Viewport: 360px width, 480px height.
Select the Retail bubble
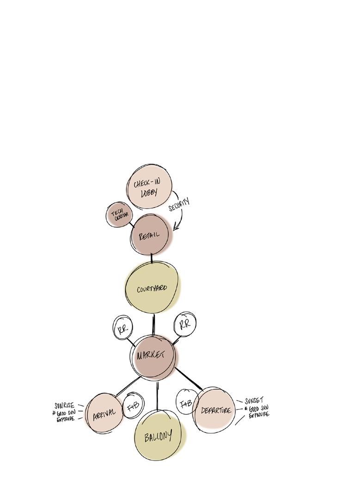pyautogui.click(x=151, y=235)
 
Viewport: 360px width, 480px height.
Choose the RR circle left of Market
pyautogui.click(x=122, y=328)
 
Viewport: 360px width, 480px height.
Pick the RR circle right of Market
pyautogui.click(x=184, y=323)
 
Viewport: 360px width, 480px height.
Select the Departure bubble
pyautogui.click(x=214, y=409)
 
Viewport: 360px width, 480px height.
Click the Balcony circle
pyautogui.click(x=158, y=435)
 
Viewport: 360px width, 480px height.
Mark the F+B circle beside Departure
pyautogui.click(x=186, y=403)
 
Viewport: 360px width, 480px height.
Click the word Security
pyautogui.click(x=179, y=205)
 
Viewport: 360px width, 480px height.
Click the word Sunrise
pyautogui.click(x=64, y=405)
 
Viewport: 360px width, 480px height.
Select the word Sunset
pyautogui.click(x=254, y=400)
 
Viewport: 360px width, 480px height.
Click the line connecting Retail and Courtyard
pyautogui.click(x=152, y=258)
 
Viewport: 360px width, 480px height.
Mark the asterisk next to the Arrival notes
pyautogui.click(x=54, y=412)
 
